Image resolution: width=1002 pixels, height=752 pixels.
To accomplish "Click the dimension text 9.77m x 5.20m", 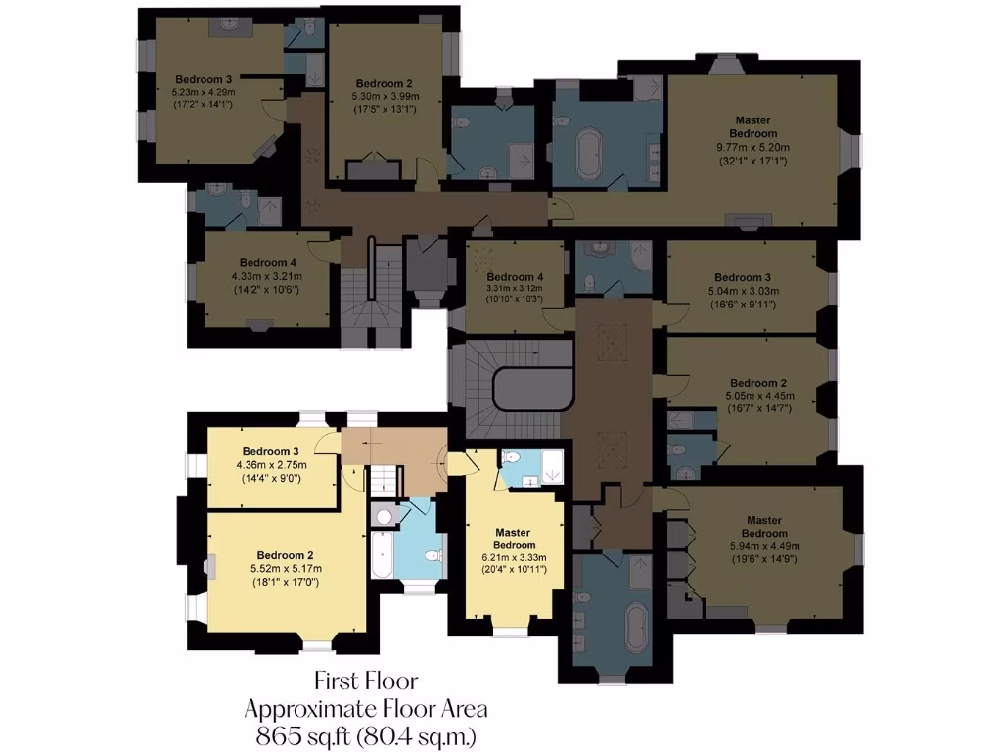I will coord(753,147).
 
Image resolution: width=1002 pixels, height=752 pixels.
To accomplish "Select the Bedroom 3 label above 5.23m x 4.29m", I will coord(204,79).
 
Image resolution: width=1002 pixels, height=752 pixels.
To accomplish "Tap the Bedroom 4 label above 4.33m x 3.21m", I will coord(267,262).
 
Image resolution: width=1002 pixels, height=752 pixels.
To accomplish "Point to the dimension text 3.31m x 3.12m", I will coord(513,288).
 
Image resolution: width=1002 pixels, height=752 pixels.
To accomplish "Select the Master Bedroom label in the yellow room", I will coord(514,539).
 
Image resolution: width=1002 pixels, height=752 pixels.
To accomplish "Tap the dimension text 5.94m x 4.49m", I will coord(764,546).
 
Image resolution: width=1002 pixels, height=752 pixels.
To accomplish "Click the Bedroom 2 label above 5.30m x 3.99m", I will coord(384,83).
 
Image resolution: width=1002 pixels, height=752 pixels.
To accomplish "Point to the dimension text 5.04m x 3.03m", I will coord(743,290).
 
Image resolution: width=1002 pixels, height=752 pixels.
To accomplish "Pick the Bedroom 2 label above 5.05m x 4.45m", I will coord(758,382).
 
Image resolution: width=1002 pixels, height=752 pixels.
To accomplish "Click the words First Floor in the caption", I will coord(366,680).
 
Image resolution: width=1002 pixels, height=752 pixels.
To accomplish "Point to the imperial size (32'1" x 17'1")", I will coord(753,161).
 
